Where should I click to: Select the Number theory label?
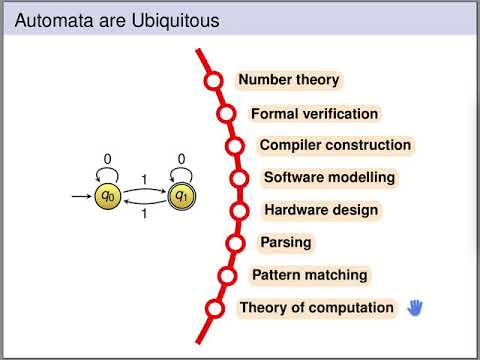click(288, 80)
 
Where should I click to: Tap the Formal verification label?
click(314, 114)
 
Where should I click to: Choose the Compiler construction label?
click(335, 145)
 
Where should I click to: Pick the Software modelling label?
click(329, 178)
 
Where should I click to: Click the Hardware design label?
click(321, 211)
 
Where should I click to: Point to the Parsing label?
click(286, 242)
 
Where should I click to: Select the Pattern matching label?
click(309, 275)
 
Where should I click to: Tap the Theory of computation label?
click(316, 308)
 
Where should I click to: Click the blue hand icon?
click(416, 308)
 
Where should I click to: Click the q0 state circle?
click(108, 197)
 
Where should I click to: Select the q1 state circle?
click(181, 197)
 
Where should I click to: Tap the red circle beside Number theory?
click(213, 81)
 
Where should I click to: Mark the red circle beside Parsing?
click(236, 243)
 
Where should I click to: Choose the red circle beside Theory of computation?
click(213, 309)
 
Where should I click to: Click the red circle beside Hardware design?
click(240, 211)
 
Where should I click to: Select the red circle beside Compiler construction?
click(235, 146)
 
